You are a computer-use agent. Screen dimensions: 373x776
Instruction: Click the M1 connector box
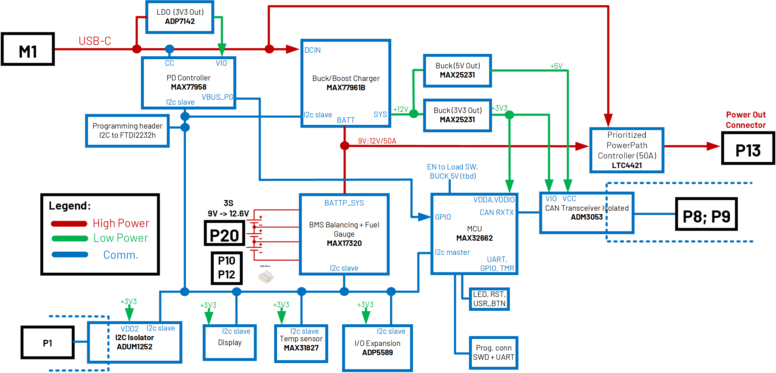pos(28,49)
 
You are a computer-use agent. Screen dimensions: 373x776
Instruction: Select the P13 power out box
pos(748,148)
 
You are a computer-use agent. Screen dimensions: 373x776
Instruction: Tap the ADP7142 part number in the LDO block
pos(180,21)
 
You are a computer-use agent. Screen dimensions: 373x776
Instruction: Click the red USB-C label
pos(95,41)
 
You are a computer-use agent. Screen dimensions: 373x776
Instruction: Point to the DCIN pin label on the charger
pos(312,50)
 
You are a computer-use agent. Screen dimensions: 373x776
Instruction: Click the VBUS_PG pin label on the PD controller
pos(217,97)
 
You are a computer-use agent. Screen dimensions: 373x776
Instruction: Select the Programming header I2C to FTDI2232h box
pos(127,131)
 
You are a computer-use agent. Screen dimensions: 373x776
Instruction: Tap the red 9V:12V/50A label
pos(377,141)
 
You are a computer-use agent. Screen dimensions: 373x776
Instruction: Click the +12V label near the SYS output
pos(400,109)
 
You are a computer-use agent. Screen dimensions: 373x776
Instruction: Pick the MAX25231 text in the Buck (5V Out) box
pos(457,75)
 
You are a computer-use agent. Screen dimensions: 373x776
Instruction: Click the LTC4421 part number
pos(627,165)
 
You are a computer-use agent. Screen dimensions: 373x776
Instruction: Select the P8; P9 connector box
pos(706,214)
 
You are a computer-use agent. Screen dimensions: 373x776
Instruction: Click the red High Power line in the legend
pos(69,224)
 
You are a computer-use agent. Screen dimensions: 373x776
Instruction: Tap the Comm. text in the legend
pos(120,255)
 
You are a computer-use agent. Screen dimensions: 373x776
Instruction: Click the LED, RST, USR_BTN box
pos(489,299)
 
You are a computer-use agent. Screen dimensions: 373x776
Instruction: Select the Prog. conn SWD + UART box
pos(494,353)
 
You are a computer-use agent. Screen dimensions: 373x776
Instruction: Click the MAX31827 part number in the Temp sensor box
pos(301,348)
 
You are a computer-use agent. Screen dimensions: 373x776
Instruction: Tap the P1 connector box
pos(48,343)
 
